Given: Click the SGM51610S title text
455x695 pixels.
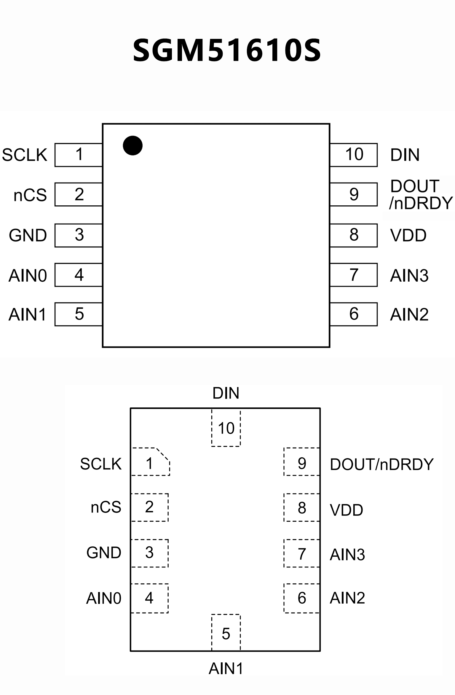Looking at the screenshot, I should [227, 50].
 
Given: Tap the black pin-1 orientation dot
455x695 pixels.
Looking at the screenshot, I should [132, 145].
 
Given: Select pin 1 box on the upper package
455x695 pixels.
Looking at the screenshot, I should [79, 155].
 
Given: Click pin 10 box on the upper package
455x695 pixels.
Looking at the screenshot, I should [354, 155].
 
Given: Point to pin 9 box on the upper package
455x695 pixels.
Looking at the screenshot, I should [354, 194].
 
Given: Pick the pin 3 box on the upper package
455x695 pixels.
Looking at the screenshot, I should [79, 235].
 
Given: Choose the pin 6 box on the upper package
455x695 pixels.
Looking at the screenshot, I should [354, 314].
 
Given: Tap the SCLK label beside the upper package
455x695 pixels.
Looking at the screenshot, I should [25, 155].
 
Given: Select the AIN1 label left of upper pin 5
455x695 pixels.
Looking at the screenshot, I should [27, 315].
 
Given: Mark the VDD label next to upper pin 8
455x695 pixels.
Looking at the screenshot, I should [408, 235].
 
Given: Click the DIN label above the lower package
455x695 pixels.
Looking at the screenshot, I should [226, 393].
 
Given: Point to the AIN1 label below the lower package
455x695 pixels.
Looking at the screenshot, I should [226, 669].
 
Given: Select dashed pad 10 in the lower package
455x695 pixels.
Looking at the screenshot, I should [226, 428].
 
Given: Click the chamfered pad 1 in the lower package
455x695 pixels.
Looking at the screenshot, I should [150, 463].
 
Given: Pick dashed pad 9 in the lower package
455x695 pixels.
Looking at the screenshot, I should [302, 463].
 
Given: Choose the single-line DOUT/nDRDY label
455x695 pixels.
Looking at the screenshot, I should [381, 464].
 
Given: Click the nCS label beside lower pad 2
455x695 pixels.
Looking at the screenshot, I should [106, 507].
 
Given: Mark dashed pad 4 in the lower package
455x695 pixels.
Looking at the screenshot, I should [149, 598].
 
